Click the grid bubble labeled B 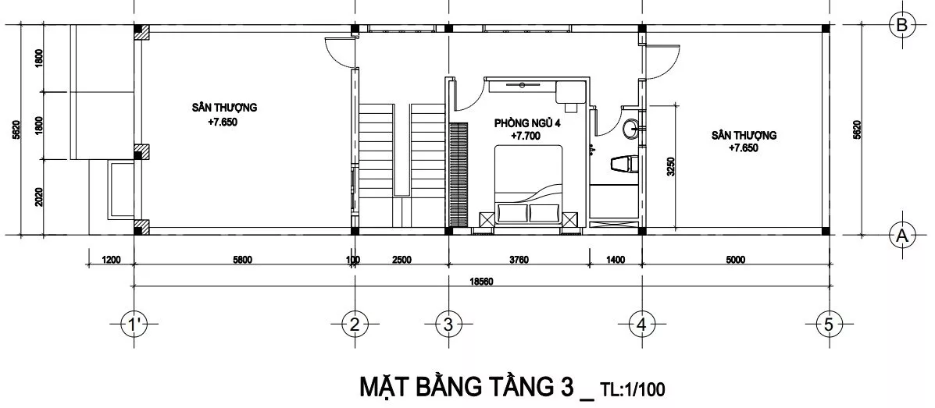[x=901, y=25]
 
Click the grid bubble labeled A [x=901, y=236]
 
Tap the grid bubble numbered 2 [x=355, y=325]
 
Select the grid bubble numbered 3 [x=448, y=325]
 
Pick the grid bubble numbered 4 [x=641, y=325]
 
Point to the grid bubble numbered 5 [x=829, y=325]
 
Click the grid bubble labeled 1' [x=134, y=325]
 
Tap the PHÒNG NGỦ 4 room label [x=528, y=123]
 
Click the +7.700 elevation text [x=526, y=137]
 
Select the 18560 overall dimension [x=480, y=281]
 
